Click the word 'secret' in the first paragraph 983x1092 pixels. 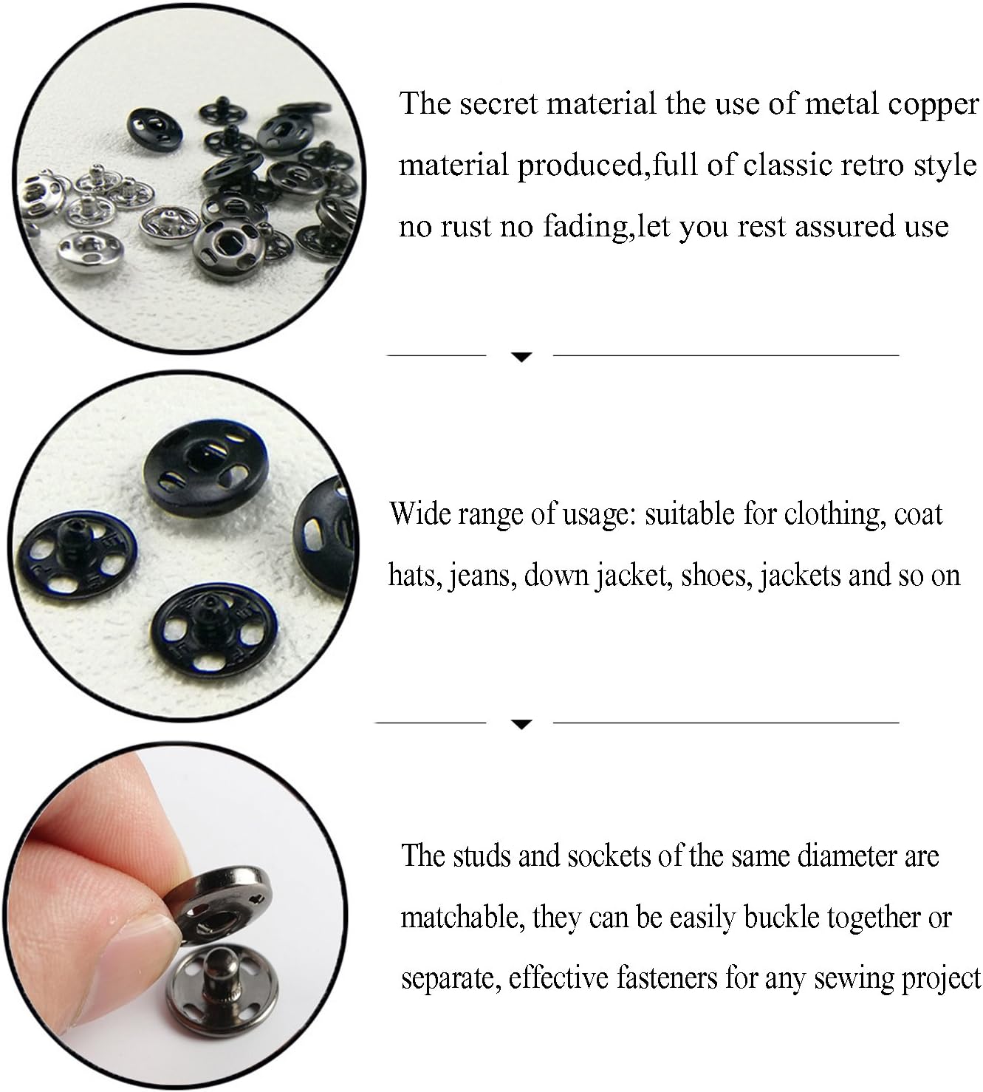point(499,103)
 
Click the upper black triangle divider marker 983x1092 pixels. point(521,358)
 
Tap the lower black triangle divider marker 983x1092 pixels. point(521,725)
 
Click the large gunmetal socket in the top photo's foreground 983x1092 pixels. point(229,247)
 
